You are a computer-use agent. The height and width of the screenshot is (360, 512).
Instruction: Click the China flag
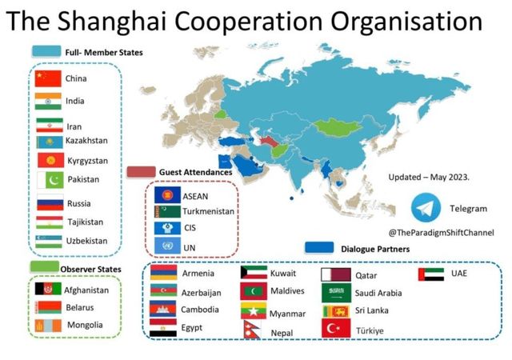48,78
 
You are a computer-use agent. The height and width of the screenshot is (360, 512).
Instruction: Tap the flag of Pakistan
50,180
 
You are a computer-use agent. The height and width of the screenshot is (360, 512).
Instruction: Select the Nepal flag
252,330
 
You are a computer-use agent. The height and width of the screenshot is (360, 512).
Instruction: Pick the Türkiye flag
336,328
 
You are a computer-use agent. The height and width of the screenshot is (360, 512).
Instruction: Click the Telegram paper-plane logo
426,208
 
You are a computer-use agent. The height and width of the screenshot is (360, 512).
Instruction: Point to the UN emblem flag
167,246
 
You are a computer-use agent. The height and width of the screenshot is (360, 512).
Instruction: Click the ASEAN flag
167,195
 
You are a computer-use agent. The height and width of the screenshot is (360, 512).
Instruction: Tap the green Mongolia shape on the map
338,127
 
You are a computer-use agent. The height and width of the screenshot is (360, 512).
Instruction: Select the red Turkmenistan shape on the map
270,142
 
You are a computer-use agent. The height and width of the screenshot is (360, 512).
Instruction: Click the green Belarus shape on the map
220,114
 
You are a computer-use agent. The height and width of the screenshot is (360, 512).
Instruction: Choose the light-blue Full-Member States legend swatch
46,52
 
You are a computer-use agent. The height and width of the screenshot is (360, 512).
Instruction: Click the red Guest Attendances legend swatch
141,172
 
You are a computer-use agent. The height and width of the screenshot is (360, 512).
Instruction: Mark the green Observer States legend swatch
45,267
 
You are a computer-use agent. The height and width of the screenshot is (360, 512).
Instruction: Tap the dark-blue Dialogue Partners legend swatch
319,248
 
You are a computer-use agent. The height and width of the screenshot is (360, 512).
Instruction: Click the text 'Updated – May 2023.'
429,178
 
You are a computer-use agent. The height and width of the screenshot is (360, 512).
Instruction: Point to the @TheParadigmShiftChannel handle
441,233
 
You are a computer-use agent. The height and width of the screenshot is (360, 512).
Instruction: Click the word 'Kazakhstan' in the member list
86,141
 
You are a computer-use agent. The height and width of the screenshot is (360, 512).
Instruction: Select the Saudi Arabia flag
336,292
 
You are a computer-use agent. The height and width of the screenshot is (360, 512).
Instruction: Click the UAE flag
431,274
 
